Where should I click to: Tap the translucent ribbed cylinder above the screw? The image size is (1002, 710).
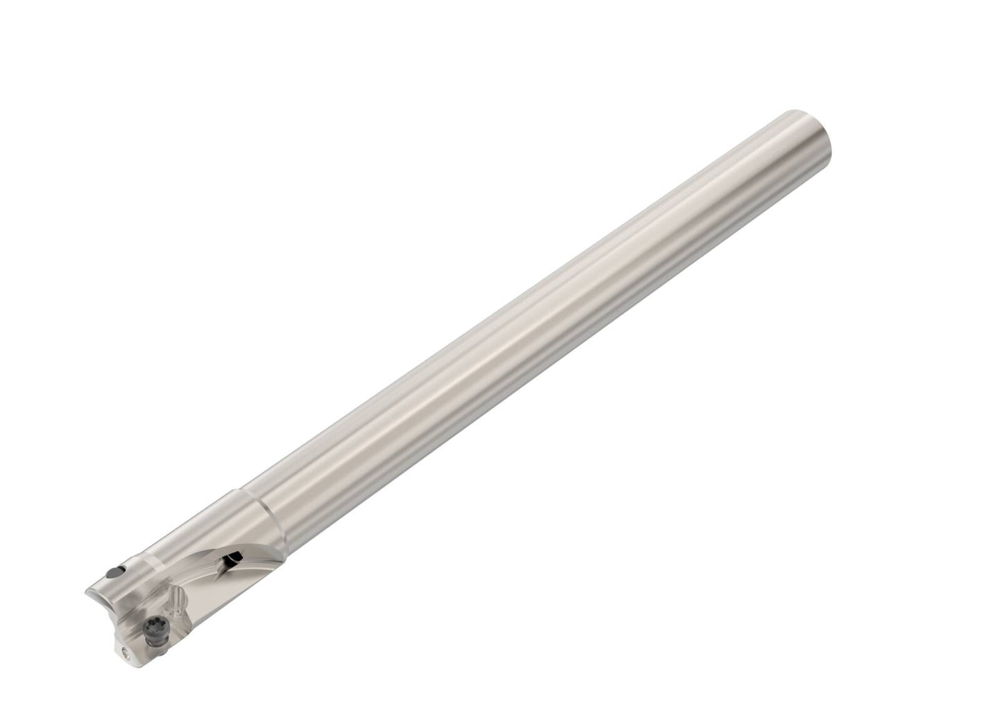[x=178, y=597]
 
